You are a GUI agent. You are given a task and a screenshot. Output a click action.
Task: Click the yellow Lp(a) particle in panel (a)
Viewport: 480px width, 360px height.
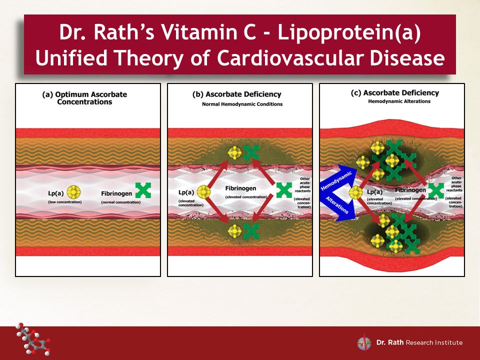73,192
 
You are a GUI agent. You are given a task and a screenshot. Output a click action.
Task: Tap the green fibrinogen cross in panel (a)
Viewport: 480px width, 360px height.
143,190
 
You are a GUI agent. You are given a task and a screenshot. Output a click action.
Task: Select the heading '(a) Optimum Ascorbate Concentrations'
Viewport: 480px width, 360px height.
84,98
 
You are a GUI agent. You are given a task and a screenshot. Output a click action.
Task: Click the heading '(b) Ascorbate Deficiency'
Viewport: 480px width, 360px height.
236,94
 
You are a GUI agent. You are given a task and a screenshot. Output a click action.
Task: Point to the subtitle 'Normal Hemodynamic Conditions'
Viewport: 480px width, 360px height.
242,104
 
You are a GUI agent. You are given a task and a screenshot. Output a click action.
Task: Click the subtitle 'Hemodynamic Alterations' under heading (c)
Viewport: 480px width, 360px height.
399,101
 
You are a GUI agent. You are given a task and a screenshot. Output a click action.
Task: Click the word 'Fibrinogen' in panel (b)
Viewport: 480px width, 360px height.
240,188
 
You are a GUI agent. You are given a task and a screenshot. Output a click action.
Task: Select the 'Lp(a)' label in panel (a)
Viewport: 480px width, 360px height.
55,193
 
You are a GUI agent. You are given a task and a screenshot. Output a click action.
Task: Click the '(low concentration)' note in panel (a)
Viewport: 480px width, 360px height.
65,202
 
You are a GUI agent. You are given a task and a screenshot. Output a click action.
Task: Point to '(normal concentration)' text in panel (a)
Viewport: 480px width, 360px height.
121,202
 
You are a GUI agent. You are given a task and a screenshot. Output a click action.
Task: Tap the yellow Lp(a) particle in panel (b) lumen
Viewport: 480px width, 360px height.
203,192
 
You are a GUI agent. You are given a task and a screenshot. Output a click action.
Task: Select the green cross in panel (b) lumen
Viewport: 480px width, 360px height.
284,190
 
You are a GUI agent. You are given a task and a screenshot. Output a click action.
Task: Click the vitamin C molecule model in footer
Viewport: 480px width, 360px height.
33,339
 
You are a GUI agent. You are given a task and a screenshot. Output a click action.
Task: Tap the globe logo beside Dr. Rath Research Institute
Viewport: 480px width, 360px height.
364,343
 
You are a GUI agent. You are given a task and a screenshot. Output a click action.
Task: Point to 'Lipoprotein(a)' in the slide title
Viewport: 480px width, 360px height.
349,32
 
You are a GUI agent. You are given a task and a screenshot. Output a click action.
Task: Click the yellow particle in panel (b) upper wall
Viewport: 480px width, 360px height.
235,153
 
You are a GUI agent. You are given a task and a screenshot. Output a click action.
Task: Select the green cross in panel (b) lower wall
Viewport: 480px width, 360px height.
251,231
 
